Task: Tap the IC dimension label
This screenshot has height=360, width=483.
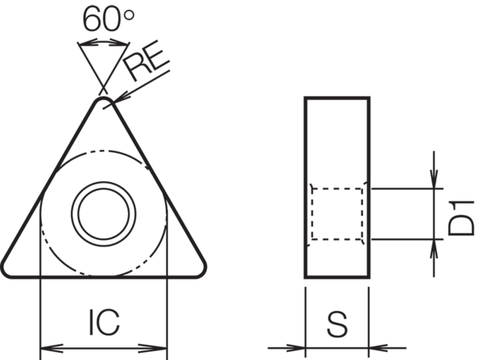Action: point(102,322)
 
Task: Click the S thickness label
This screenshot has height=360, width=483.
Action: point(337,325)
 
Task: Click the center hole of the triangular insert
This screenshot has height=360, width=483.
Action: point(102,213)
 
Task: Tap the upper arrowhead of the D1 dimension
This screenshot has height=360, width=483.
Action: point(435,182)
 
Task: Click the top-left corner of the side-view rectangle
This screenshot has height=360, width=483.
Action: point(305,97)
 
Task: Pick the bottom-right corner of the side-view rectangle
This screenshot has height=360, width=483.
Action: point(369,277)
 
